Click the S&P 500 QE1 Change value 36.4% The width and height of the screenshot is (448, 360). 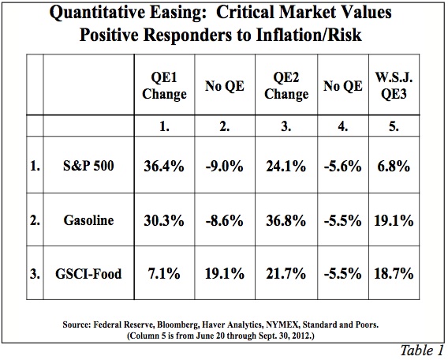tap(164, 166)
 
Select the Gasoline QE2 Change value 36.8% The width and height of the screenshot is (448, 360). tap(286, 221)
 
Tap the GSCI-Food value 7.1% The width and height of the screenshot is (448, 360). tap(164, 274)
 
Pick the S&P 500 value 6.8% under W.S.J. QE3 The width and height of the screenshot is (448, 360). tap(394, 166)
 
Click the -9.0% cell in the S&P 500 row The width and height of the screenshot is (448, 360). tap(224, 166)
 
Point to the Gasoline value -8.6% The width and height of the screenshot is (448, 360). tap(224, 221)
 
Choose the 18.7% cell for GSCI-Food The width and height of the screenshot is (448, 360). tap(394, 274)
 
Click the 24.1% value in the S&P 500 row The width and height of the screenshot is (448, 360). tap(286, 166)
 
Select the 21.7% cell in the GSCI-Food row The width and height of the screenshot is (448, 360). tap(286, 274)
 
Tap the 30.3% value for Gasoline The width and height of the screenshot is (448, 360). tap(164, 221)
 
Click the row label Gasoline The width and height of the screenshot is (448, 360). tap(88, 220)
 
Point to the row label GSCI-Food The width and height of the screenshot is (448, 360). tap(88, 274)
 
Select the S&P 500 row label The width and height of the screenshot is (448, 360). tap(88, 166)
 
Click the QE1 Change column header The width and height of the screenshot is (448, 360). tap(164, 86)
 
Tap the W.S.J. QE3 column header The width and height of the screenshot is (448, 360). tap(394, 85)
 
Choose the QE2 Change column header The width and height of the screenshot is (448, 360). tap(286, 86)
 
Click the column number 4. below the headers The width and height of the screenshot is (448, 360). tap(342, 126)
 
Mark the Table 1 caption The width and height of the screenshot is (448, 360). tap(421, 351)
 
